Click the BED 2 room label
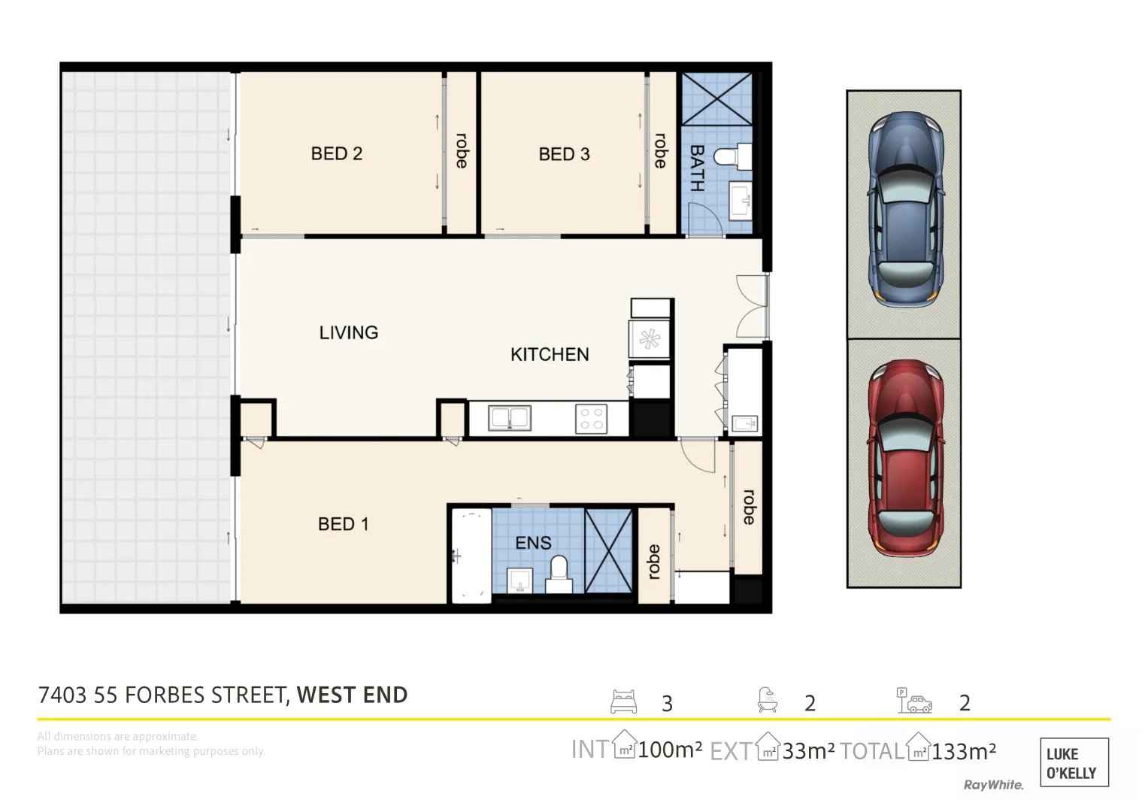coord(336,153)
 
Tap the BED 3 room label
coord(564,154)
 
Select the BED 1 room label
coord(343,524)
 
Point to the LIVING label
coord(348,332)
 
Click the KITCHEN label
coord(550,354)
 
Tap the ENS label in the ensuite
coord(533,543)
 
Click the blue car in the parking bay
coord(904,210)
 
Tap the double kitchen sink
coord(510,418)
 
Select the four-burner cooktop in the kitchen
coord(592,419)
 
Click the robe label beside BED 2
coord(462,151)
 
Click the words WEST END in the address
coord(352,695)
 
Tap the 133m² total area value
coord(964,750)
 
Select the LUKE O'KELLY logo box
coord(1074,762)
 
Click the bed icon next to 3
coord(624,701)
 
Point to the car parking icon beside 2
coord(913,701)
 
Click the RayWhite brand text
coord(993,785)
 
